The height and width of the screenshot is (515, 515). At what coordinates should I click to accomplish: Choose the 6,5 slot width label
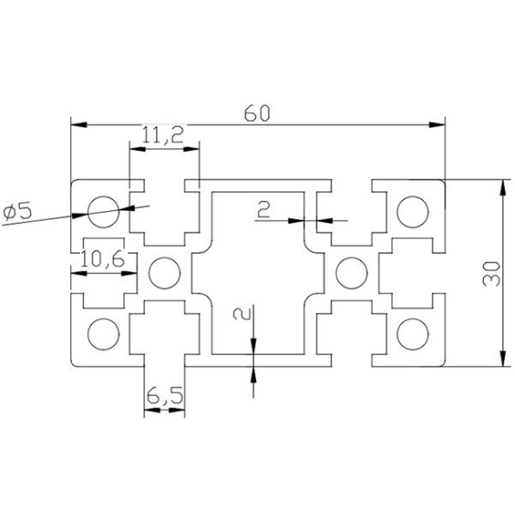pos(163,397)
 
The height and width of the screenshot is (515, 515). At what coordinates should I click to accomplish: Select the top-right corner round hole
pos(413,209)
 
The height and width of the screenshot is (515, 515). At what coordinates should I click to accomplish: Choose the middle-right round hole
pos(350,273)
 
